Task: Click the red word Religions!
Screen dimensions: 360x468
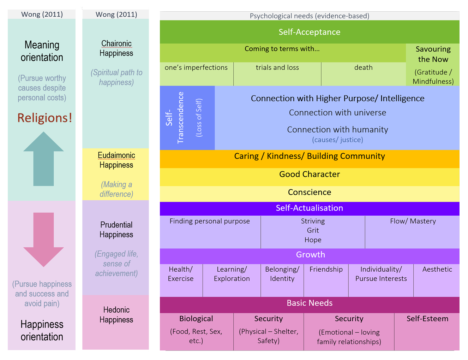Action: click(x=45, y=118)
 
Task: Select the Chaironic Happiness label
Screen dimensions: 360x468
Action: click(x=116, y=48)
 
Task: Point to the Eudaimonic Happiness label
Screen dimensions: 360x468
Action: click(x=116, y=160)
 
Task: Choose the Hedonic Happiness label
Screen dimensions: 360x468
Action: click(x=116, y=315)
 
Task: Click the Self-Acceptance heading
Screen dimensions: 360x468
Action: click(x=310, y=32)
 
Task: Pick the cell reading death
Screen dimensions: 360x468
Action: click(x=363, y=67)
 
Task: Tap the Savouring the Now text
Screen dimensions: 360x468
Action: click(x=433, y=54)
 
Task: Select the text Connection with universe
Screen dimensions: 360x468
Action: click(x=337, y=113)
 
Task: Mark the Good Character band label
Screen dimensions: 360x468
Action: click(x=310, y=174)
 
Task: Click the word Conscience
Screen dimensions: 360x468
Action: click(x=310, y=192)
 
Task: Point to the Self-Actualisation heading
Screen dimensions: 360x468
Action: click(x=310, y=208)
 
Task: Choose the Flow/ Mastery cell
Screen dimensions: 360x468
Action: click(x=413, y=221)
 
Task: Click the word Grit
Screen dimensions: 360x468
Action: click(x=313, y=230)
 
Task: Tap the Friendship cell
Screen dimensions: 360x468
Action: click(x=326, y=269)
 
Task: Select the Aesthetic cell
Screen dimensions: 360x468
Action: click(x=437, y=269)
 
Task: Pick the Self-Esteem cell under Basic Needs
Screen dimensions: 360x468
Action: click(x=427, y=319)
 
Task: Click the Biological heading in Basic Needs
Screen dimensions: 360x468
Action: click(x=196, y=319)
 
